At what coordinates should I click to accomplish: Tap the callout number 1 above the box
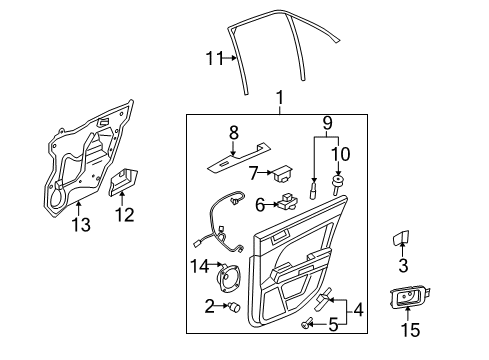[281, 98]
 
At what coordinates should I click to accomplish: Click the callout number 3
[403, 266]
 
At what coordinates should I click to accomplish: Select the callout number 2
[209, 304]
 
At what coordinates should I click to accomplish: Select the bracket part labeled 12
[121, 184]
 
